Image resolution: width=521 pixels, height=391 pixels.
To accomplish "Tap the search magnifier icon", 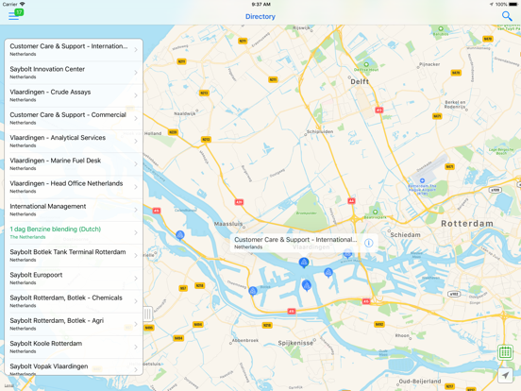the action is pyautogui.click(x=507, y=16).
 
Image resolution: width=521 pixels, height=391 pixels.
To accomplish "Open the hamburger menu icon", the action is pyautogui.click(x=14, y=16).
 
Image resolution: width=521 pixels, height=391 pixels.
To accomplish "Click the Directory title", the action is pyautogui.click(x=260, y=16).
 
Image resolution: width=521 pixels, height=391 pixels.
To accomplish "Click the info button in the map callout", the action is pyautogui.click(x=369, y=243).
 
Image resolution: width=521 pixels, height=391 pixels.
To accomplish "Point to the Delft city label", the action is pyautogui.click(x=361, y=82).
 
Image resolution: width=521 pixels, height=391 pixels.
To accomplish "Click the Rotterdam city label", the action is pyautogui.click(x=467, y=224).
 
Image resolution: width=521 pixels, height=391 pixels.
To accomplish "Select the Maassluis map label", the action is pyautogui.click(x=229, y=224).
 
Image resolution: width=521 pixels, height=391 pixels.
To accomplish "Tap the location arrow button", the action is pyautogui.click(x=506, y=375).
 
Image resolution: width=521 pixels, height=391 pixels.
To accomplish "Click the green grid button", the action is pyautogui.click(x=506, y=352).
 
